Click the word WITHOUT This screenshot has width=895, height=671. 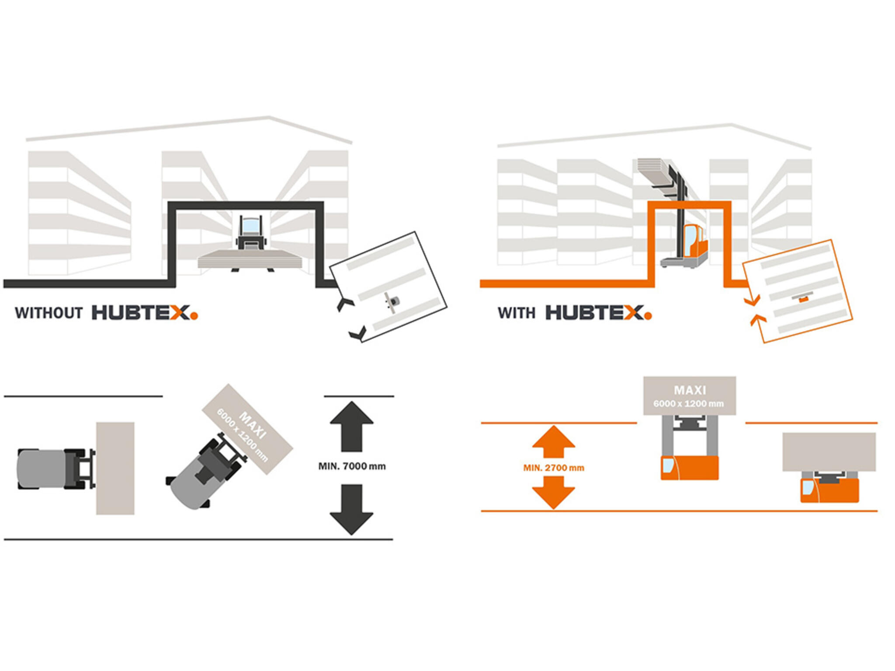point(49,313)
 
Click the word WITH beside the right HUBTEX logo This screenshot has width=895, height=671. point(516,313)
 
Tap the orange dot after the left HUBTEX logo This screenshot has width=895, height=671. point(194,315)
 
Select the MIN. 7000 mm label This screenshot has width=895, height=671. point(352,466)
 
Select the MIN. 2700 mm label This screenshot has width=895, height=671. point(554,468)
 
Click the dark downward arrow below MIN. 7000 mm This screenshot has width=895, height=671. point(352,510)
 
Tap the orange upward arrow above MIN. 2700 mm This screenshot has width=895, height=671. point(554,442)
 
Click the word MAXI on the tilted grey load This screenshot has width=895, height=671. point(253,425)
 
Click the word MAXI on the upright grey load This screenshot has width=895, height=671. point(690,390)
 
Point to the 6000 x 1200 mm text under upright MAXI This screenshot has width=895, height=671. point(688,403)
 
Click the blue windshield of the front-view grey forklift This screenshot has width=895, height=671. point(250,226)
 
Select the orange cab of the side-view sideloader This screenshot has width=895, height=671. point(695,241)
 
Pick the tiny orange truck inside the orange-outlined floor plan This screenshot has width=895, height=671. point(803,299)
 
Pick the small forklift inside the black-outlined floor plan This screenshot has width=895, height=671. point(393,301)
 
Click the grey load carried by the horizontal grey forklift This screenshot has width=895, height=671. point(115,468)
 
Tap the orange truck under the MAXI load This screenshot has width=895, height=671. point(689,467)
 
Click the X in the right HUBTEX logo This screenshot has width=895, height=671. point(633,313)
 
